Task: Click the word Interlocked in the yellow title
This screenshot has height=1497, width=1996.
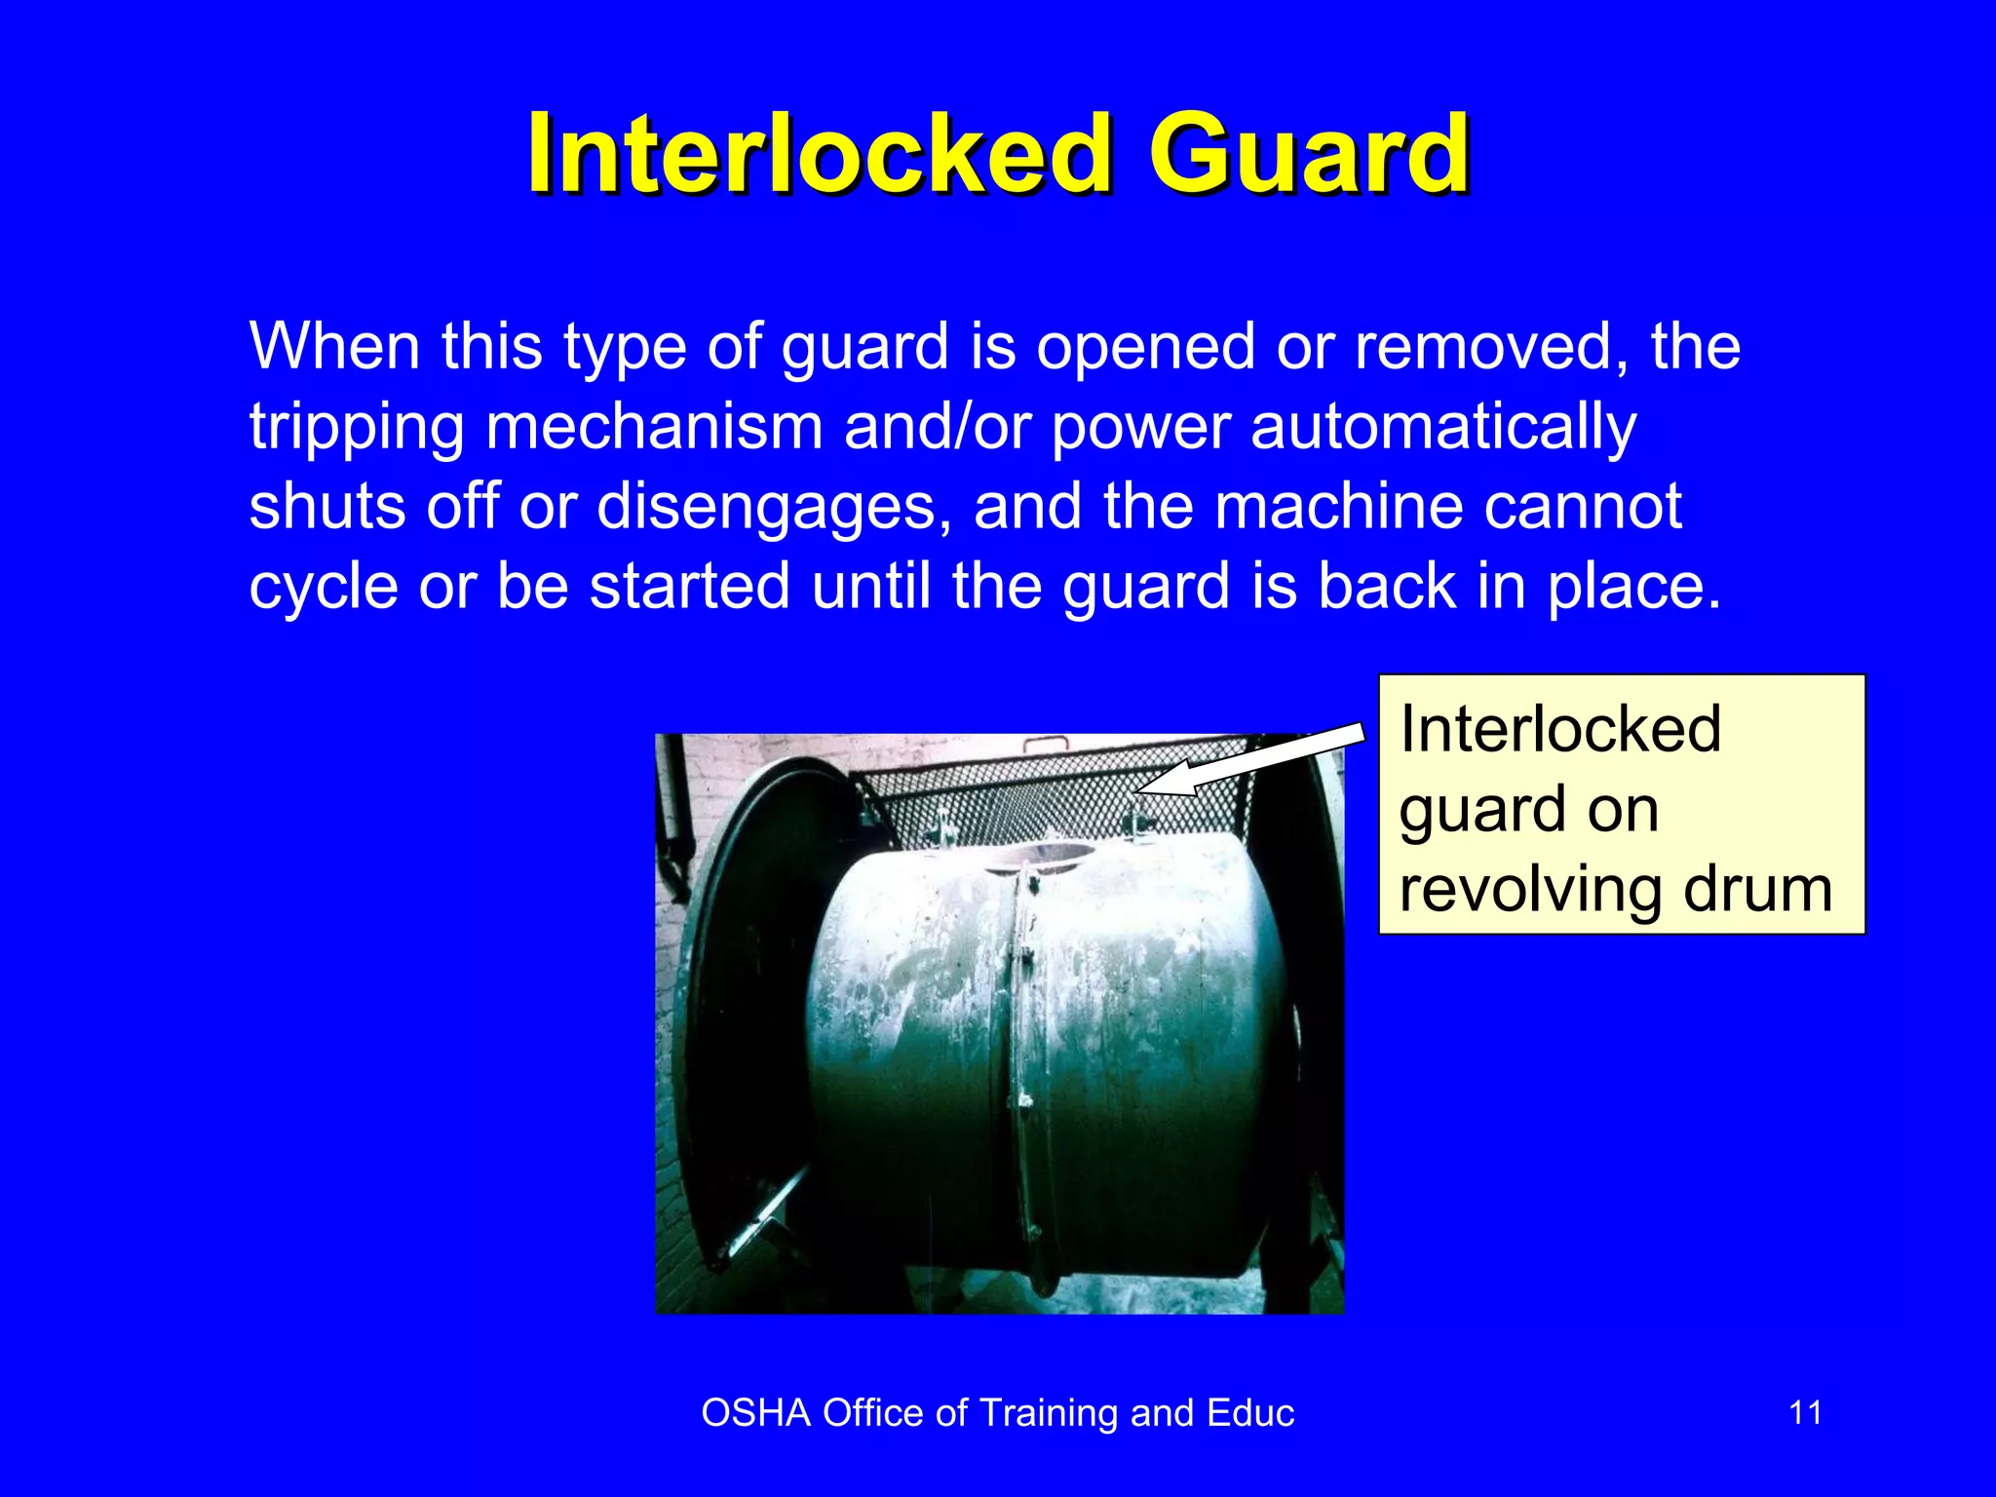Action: tap(819, 154)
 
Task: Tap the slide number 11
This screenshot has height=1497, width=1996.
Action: tap(1805, 1412)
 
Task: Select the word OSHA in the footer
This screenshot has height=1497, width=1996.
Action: tap(755, 1412)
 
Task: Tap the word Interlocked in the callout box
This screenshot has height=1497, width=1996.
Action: tap(1560, 729)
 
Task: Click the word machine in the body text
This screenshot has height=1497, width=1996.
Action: tap(1339, 507)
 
